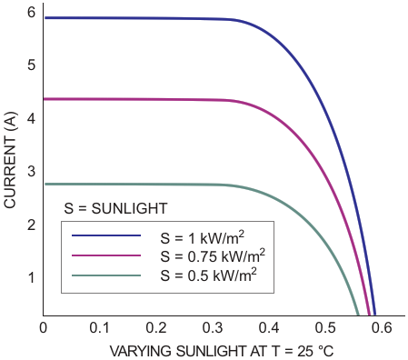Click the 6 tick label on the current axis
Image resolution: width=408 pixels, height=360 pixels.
pos(31,12)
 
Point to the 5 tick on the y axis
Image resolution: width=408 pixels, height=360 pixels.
pos(31,65)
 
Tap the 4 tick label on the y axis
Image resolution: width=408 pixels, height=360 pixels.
pos(31,118)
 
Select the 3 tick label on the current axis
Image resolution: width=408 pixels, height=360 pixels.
pos(31,172)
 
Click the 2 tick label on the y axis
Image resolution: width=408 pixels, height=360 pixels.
pos(31,225)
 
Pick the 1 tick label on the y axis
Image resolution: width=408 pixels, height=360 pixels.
pos(31,278)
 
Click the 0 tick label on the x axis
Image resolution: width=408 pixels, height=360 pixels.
pos(44,328)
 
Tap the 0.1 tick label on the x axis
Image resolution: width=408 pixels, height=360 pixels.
pos(99,328)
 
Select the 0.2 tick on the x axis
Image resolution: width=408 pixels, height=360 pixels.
pos(155,328)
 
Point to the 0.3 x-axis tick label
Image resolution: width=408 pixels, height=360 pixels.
pos(212,328)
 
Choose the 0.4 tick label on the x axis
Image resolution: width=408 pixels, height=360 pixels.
pos(269,328)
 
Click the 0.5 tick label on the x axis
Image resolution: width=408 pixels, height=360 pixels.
pos(325,328)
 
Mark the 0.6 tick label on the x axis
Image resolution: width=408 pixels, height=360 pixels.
pos(382,328)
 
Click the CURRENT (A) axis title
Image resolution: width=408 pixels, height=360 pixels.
pos(10,160)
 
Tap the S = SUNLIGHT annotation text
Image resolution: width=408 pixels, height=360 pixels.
pos(115,208)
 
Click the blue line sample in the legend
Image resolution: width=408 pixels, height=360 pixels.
pos(106,235)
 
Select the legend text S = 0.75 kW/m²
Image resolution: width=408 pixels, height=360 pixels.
pos(213,256)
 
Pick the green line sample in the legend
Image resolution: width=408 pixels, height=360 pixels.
pos(106,275)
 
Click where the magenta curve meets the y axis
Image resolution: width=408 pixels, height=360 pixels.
pos(44,99)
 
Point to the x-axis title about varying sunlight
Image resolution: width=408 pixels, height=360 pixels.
pos(222,352)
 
